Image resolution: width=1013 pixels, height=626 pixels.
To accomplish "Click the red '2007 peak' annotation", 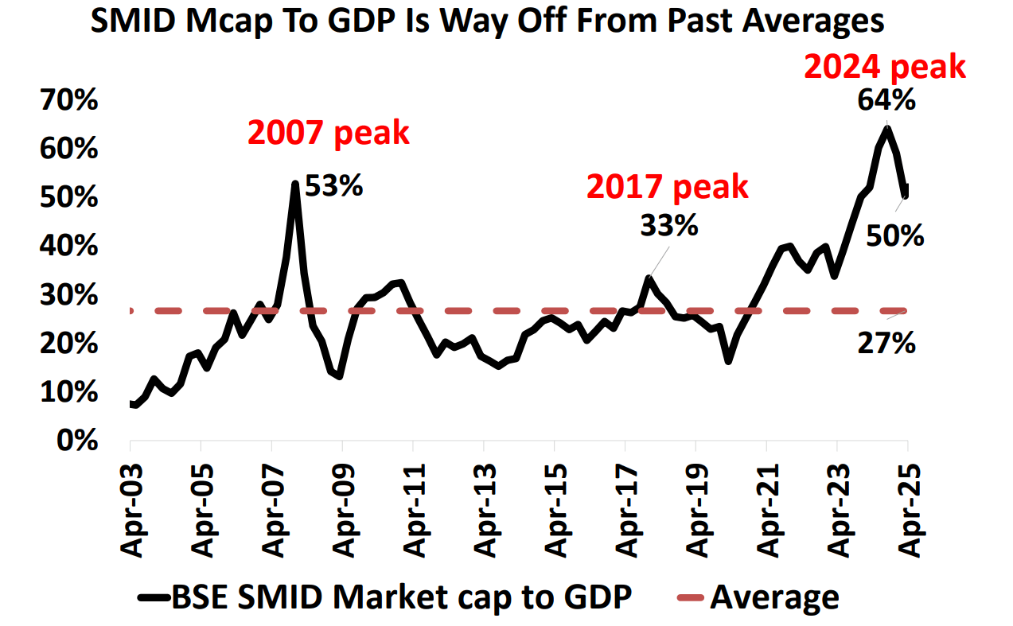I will [329, 133].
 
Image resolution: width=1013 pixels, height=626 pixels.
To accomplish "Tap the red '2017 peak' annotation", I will [668, 186].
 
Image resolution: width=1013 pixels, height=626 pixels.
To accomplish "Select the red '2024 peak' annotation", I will [885, 67].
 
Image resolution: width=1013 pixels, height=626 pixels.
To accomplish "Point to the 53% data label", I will [334, 188].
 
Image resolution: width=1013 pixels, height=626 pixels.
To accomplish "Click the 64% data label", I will [886, 101].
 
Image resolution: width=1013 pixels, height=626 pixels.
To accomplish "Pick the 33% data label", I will [669, 226].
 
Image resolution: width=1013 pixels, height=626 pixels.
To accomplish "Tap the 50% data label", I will [895, 235].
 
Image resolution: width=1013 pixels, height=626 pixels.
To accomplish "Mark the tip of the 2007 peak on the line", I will [295, 184].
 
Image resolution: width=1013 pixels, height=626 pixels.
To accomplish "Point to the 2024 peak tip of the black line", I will [886, 128].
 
